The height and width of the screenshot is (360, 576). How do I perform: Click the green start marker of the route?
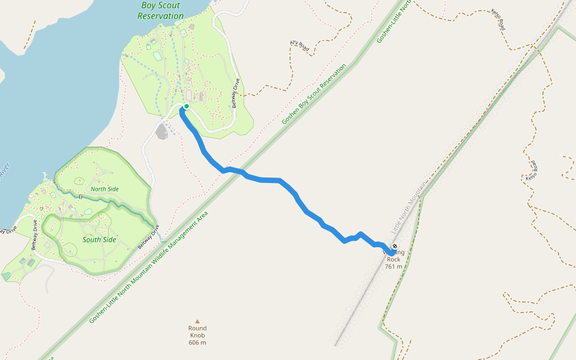187,106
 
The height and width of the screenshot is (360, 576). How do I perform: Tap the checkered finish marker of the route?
395,247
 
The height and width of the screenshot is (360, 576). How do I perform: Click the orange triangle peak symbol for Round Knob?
197,321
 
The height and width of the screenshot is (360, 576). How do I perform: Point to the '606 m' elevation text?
197,343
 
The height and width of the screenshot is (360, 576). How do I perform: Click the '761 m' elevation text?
394,266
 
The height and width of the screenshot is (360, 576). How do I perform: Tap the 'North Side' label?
104,189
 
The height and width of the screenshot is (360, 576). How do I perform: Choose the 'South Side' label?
99,240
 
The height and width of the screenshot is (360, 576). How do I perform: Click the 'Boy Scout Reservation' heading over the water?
160,11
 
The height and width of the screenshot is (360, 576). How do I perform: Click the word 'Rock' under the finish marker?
394,259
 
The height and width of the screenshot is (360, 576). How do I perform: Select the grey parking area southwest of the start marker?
161,131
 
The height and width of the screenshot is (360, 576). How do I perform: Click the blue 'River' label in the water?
5,170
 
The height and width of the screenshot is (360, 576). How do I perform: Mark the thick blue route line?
270,179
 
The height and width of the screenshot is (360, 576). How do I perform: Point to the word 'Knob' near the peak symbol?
197,335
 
